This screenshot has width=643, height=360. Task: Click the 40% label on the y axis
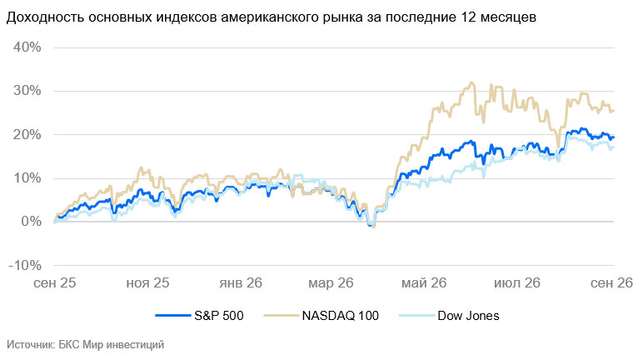[x=27, y=47]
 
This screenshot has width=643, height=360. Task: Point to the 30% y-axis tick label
[x=27, y=91]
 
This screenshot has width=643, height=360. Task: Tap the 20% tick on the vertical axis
[x=27, y=135]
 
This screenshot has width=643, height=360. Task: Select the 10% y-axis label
[x=27, y=178]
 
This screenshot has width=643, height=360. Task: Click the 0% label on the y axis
[x=31, y=222]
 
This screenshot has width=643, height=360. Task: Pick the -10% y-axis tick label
[x=25, y=265]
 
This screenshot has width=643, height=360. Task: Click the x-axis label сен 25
[x=54, y=282]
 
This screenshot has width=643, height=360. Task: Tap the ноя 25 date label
[x=147, y=282]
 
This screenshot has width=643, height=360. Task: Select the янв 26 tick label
[x=241, y=282]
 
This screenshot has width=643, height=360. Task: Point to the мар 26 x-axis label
[x=331, y=283]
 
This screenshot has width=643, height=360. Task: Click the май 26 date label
[x=424, y=282]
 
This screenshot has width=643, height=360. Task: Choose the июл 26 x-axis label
[x=517, y=282]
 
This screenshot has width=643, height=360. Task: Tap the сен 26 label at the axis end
[x=611, y=282]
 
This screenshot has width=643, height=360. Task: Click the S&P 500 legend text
[x=219, y=316]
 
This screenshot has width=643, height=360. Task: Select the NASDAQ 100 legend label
[x=341, y=316]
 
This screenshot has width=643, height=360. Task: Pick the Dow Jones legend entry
[x=469, y=316]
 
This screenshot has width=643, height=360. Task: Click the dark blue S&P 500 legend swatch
[x=173, y=316]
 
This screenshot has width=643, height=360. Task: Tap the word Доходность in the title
[x=45, y=17]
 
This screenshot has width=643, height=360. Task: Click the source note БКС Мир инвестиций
[x=111, y=345]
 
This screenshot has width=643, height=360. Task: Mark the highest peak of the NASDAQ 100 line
[x=472, y=82]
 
